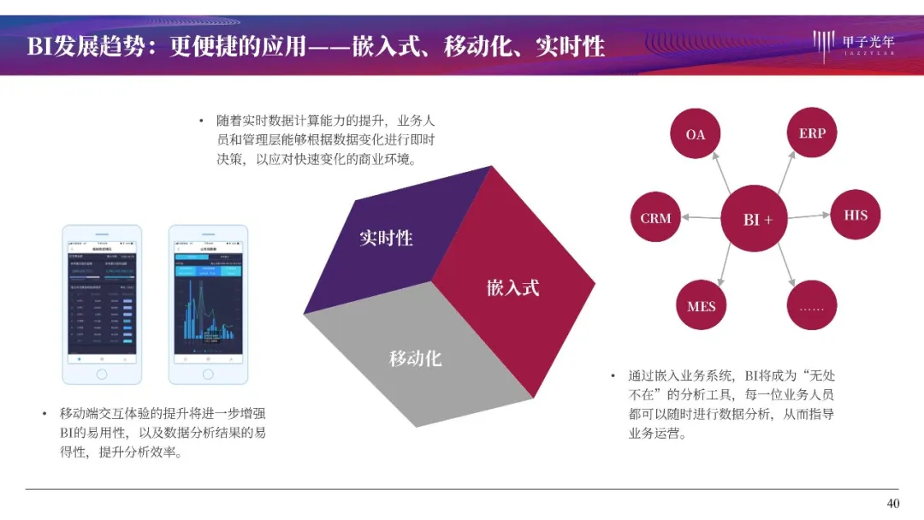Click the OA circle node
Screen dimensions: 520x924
pos(695,134)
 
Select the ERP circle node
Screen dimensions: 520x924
pos(812,133)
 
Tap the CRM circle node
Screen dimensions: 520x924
pos(655,218)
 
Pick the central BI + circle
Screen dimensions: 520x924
pos(757,219)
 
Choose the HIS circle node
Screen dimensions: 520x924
pos(856,215)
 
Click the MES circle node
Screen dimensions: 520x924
pos(701,305)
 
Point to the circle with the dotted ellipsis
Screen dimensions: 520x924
pos(811,305)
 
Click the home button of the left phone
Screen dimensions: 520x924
pos(102,374)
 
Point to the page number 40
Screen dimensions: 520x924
pos(892,503)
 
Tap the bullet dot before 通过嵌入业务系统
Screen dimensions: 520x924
pos(613,375)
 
